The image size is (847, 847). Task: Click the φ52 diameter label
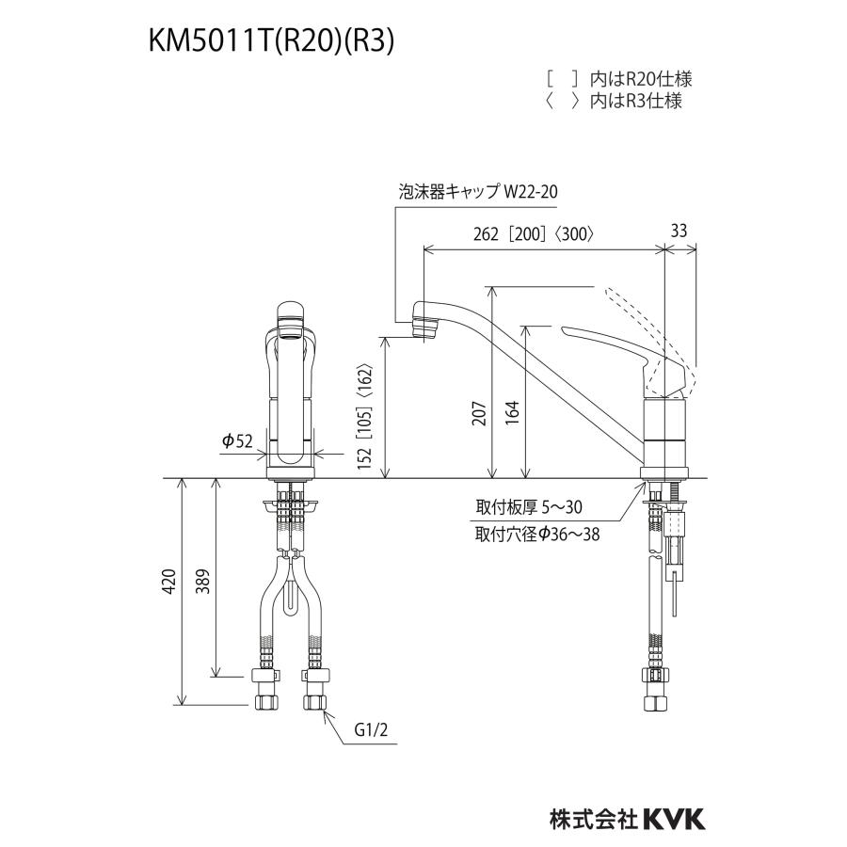[238, 441]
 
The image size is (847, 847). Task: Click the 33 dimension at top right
[681, 230]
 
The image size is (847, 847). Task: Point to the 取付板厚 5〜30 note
[529, 507]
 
